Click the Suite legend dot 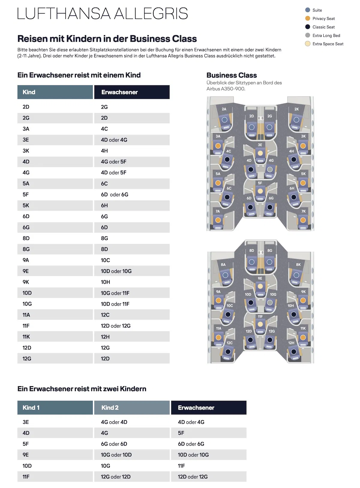pos(307,10)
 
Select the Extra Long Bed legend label pos(326,35)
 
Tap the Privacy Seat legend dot pos(307,18)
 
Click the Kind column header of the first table pos(55,92)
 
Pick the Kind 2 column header pos(132,408)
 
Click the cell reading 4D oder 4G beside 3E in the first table pos(114,140)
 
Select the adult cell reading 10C pos(105,260)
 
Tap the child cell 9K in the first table pos(26,282)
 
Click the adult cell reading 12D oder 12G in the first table pos(115,326)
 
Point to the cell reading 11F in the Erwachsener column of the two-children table pos(181,466)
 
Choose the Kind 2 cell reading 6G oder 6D pos(114,444)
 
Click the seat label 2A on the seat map pos(224,109)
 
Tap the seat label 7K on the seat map pos(303,211)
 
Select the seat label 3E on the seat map pos(260,145)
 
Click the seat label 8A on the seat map pos(223,265)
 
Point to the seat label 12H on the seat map pos(291,343)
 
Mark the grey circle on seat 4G pos(270,170)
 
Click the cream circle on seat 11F pos(260,324)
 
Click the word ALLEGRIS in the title pos(151,14)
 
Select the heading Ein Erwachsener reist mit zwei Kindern pos(82,389)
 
